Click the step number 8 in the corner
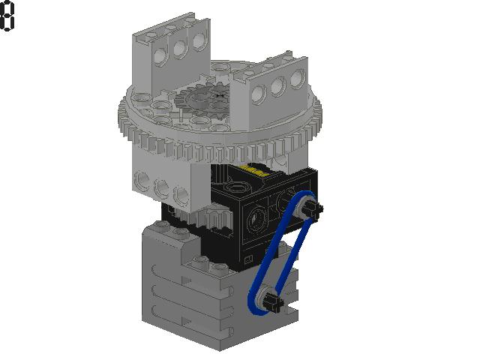tap(7, 16)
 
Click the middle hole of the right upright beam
tap(277, 87)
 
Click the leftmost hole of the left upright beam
tap(160, 54)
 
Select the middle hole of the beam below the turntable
tap(160, 186)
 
